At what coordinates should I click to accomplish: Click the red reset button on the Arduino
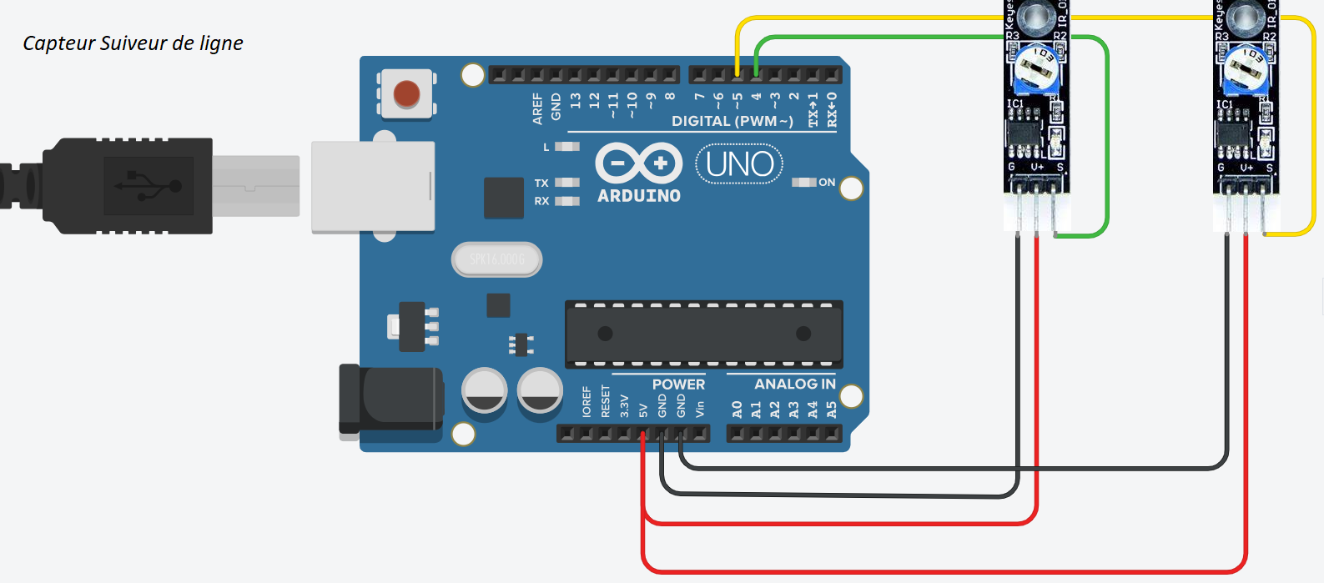tap(406, 93)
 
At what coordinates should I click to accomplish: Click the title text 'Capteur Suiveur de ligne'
tap(133, 43)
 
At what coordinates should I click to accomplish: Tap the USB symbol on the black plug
tap(149, 185)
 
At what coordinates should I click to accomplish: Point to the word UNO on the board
tap(739, 164)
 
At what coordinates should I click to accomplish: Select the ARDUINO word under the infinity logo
tap(639, 196)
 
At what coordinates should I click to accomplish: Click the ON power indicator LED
tap(804, 182)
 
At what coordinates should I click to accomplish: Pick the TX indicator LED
tap(567, 183)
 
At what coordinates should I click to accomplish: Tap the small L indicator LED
tap(567, 147)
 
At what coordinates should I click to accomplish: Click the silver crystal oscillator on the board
tap(497, 259)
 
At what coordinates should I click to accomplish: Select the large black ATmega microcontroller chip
tap(703, 334)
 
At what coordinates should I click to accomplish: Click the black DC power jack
tap(390, 401)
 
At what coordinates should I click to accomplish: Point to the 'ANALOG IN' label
tap(794, 384)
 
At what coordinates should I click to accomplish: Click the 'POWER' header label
tap(678, 384)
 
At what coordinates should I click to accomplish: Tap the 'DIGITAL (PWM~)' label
tap(732, 122)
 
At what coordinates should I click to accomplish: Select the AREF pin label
tap(538, 109)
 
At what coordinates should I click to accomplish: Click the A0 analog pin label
tap(737, 410)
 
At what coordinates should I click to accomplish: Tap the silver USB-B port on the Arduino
tap(373, 187)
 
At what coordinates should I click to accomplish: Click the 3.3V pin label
tap(624, 406)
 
